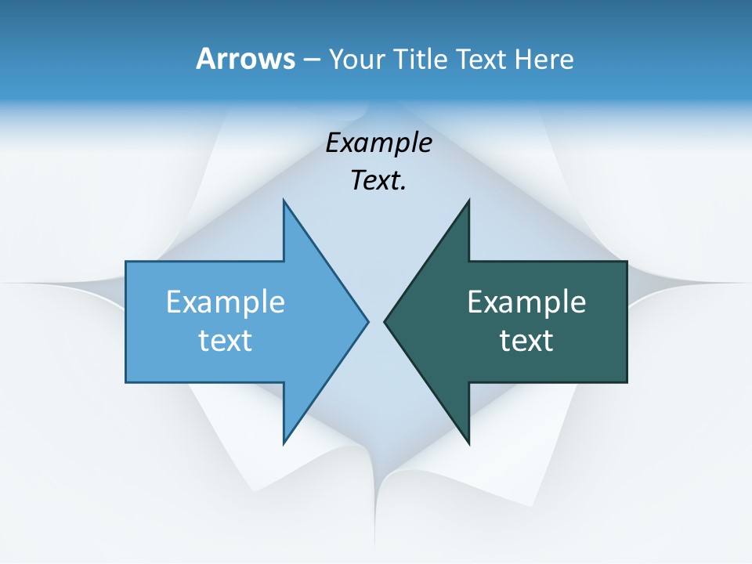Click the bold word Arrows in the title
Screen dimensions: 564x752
[245, 59]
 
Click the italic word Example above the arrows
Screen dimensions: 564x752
[378, 143]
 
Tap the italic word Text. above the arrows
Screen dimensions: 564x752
[378, 181]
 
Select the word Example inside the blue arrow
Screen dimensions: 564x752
[226, 302]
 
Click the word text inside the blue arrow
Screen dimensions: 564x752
[226, 340]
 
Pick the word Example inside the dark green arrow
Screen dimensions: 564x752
[526, 302]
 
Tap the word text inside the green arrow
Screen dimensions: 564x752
[526, 340]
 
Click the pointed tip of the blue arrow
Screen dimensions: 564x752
[367, 321]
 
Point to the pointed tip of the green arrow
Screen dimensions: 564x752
[385, 321]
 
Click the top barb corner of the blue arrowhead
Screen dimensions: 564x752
[284, 201]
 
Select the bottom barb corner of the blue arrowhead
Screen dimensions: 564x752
[284, 443]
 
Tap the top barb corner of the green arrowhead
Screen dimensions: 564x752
[468, 201]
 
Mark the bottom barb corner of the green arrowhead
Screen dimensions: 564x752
[468, 443]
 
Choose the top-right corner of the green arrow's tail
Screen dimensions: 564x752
[627, 262]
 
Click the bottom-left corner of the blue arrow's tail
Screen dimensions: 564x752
[126, 381]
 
